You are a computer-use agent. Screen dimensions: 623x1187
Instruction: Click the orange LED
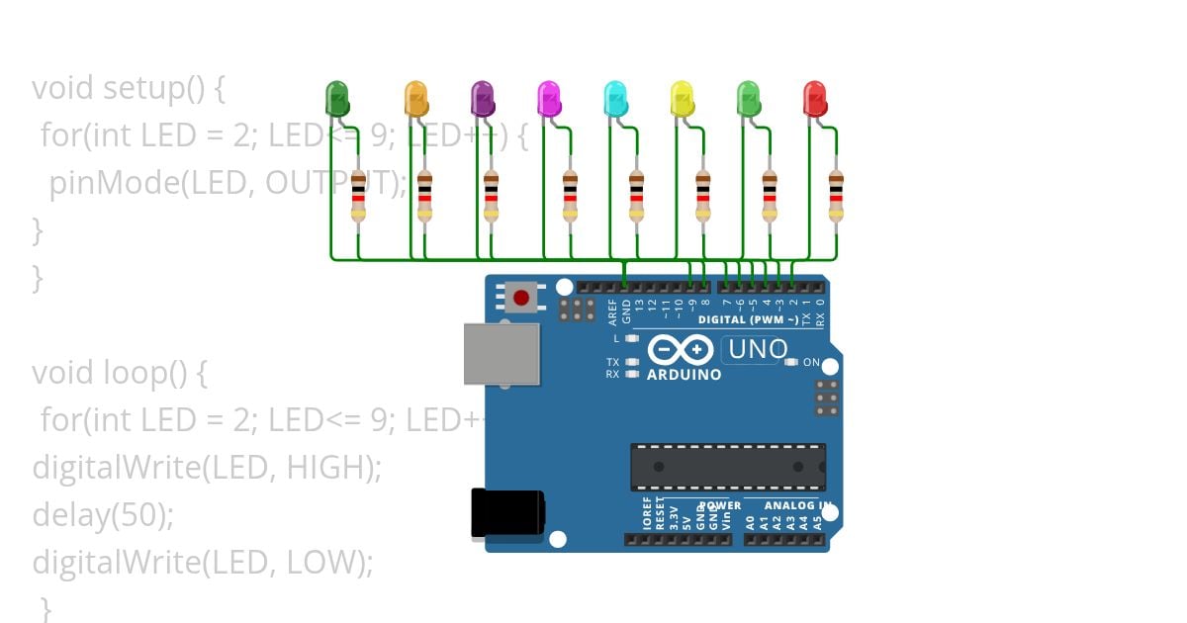416,99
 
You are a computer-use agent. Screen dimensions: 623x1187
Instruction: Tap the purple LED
482,99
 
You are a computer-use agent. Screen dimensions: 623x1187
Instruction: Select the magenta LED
549,99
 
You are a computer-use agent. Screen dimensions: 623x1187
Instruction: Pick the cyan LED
615,99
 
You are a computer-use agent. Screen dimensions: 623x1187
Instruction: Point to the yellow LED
682,99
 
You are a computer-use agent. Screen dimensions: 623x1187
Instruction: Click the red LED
815,99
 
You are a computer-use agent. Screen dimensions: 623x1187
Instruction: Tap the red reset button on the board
521,296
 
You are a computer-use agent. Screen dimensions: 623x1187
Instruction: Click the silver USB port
502,353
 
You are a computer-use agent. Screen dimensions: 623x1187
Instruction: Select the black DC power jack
507,514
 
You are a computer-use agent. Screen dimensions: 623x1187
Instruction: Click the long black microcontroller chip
728,467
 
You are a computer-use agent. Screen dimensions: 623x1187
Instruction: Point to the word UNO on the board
757,349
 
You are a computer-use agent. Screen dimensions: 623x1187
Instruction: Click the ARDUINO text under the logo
684,375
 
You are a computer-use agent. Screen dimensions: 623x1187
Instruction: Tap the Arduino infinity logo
681,350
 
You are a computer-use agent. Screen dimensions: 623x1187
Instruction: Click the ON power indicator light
790,362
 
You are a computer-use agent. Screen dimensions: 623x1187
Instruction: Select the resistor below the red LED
836,193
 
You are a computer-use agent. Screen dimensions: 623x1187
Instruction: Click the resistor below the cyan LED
636,193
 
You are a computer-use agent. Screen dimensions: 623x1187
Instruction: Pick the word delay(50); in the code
103,515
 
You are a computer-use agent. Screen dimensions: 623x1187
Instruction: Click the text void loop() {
120,373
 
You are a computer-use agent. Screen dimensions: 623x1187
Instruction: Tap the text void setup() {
129,88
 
